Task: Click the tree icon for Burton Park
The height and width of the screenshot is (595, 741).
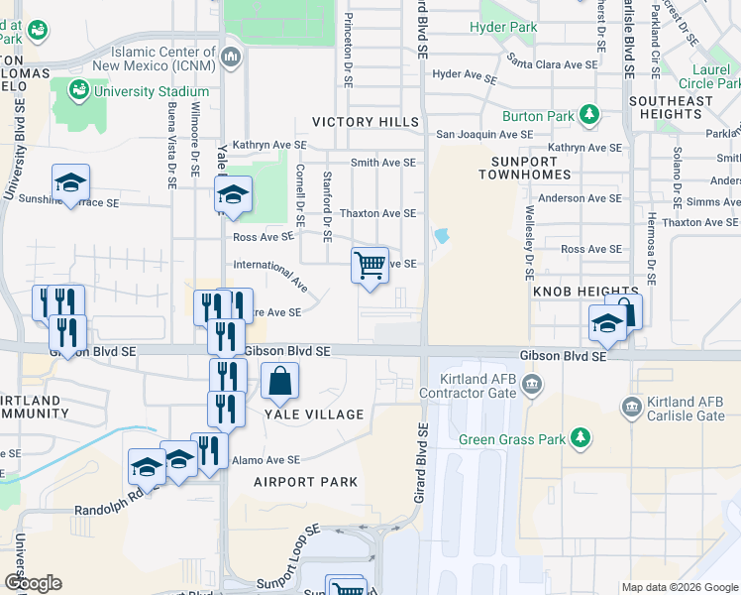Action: coord(588,116)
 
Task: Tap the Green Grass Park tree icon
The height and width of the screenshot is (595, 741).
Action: coord(582,437)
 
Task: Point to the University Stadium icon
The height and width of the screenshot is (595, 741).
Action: coord(77,91)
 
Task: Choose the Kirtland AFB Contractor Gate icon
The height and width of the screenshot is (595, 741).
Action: coord(532,383)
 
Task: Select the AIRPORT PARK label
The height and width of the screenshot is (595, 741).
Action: coord(304,482)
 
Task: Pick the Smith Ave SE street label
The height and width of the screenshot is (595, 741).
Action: coord(382,162)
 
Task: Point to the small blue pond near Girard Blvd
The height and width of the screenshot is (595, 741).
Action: coord(441,236)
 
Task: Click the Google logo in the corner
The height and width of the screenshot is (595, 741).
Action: coord(33,583)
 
